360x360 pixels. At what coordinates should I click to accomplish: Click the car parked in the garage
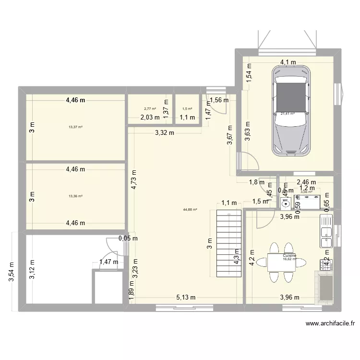tap(290, 110)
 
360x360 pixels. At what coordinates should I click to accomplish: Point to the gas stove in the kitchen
tap(326, 264)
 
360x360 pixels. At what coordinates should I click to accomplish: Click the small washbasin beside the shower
tap(286, 204)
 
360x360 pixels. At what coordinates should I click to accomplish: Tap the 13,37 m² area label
tap(76, 127)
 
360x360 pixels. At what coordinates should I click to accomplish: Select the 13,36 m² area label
tap(76, 196)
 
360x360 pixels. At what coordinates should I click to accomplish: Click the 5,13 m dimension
tap(185, 297)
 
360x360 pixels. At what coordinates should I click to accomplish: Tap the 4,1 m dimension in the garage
tap(288, 62)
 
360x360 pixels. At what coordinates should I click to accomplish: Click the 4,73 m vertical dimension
tap(134, 182)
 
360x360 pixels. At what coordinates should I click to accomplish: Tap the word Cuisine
tap(289, 256)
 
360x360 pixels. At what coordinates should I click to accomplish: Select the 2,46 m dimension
tap(306, 182)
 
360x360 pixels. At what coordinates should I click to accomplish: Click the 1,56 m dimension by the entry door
tap(219, 100)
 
